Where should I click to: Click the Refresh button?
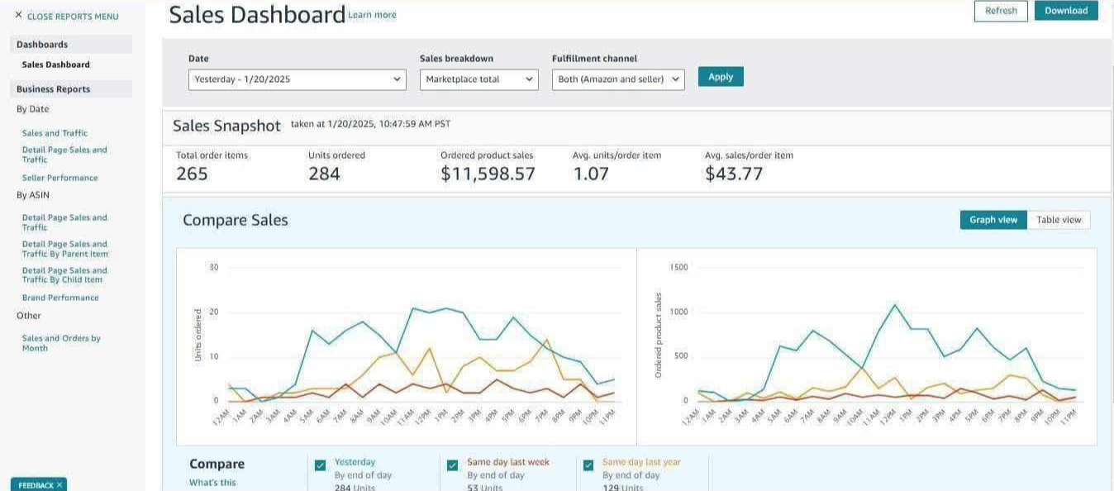(1001, 11)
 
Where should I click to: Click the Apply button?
(721, 77)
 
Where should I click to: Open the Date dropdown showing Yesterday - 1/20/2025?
(297, 79)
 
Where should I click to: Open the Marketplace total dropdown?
(479, 79)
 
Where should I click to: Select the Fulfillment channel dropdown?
(618, 79)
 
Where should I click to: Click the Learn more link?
(372, 15)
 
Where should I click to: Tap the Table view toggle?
(1059, 220)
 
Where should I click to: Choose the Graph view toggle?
(993, 220)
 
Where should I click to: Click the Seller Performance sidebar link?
(60, 178)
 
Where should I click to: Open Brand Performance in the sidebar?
(60, 298)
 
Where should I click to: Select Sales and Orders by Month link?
(61, 343)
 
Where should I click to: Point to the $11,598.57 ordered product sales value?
(488, 174)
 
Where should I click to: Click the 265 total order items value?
(192, 174)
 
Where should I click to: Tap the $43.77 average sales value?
(734, 174)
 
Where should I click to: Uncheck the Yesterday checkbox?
(321, 465)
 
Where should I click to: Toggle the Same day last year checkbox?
(588, 465)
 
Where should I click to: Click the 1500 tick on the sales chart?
(678, 267)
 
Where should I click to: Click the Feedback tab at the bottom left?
(38, 485)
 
